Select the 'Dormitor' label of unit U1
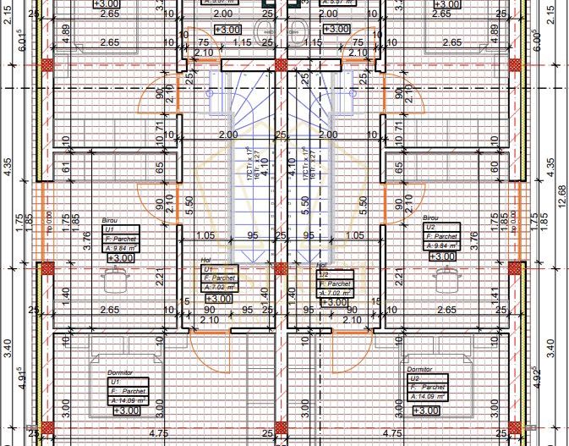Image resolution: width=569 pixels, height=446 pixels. tap(120, 372)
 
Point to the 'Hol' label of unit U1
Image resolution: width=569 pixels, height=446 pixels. tap(205, 261)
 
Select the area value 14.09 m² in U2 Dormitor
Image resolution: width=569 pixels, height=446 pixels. tap(435, 396)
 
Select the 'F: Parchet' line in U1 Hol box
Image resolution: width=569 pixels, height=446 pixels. tap(219, 278)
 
